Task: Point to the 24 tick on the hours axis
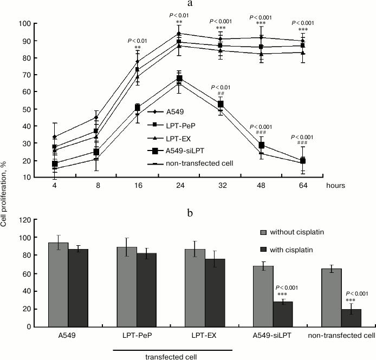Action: pos(179,184)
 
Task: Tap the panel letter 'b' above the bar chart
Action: pos(189,200)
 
